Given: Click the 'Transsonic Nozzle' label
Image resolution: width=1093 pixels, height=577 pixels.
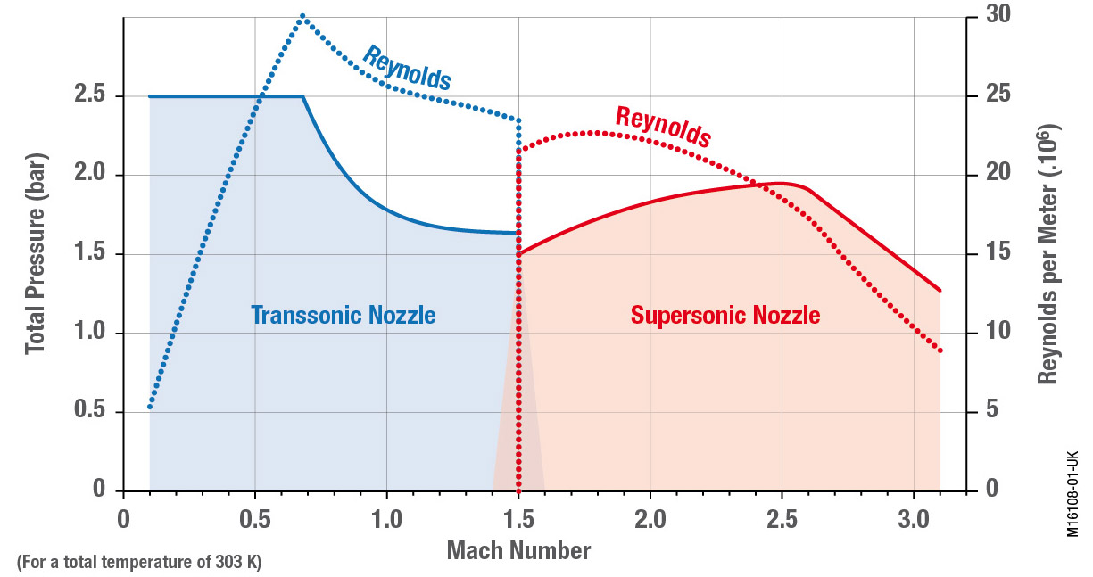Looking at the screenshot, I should pos(344,316).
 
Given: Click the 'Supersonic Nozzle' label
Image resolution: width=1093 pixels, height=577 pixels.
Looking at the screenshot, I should pos(725,316).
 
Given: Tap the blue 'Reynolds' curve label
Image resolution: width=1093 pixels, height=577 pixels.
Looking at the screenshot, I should pos(407,68).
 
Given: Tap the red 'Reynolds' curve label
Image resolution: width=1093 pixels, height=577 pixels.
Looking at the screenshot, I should pos(663,128).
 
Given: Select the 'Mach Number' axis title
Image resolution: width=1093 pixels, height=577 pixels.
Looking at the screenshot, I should pos(518,550).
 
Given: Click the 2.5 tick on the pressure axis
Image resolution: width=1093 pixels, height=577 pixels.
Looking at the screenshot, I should pos(88,96).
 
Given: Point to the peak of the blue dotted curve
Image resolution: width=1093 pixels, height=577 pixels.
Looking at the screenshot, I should pos(302,15).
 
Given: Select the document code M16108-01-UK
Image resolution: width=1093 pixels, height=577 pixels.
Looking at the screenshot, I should pos(1072,490).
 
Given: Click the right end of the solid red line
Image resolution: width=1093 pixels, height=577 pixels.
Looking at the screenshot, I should pos(940,290).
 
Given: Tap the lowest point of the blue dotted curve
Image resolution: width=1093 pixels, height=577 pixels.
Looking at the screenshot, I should pos(150,408).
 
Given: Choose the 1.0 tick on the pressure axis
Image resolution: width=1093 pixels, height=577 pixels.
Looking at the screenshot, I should pos(88,333).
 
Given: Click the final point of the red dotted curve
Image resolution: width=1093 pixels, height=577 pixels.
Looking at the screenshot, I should pos(940,350).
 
